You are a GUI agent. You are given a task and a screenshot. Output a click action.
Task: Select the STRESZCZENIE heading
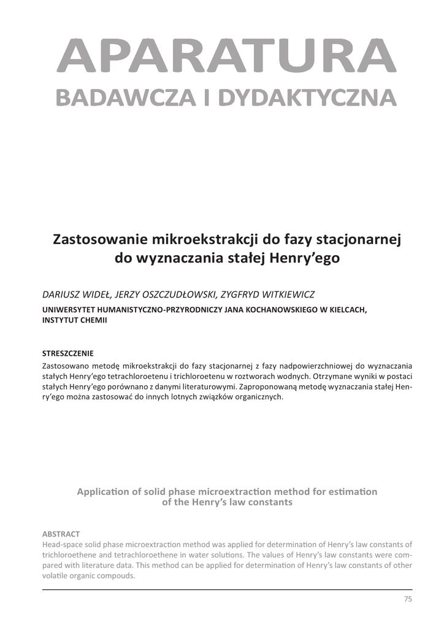(67, 353)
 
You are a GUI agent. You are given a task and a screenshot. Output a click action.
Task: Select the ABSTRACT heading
(61, 534)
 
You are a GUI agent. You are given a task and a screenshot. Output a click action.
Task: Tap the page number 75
(408, 599)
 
